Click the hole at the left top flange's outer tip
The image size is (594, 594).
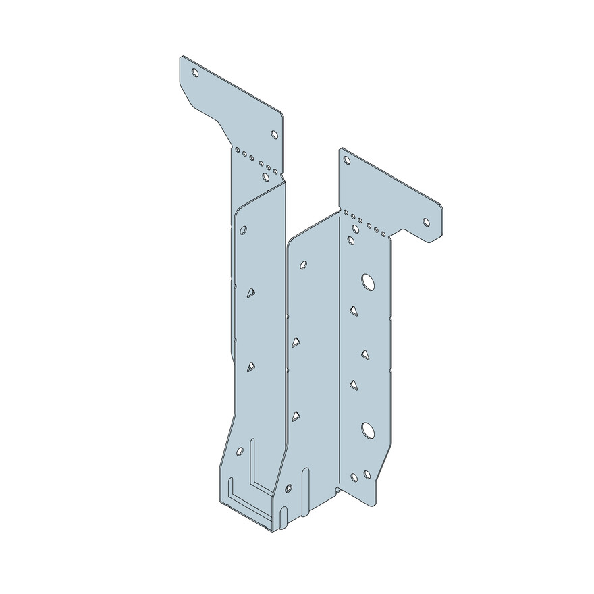point(195,72)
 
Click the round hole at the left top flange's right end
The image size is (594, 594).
point(275,134)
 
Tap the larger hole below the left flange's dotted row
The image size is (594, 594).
point(266,177)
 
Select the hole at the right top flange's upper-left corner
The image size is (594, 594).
point(347,161)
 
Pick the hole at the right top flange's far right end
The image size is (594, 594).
point(427,221)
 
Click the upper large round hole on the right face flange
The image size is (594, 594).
point(368,281)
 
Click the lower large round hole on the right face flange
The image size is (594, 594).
point(368,429)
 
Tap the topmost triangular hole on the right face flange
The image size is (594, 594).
point(353,310)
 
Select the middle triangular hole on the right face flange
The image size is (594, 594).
point(365,354)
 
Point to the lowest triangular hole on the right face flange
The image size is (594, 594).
point(353,385)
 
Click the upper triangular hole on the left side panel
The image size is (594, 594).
point(250,292)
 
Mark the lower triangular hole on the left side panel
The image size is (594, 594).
point(250,367)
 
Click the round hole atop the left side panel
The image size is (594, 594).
point(243,230)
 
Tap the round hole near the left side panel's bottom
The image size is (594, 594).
point(240,450)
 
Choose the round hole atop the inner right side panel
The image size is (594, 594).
point(303,265)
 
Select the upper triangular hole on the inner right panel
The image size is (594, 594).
point(296,342)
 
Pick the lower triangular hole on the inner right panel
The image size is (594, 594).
point(296,416)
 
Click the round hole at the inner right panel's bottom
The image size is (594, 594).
point(289,487)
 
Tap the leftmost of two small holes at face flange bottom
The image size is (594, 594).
point(354,477)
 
